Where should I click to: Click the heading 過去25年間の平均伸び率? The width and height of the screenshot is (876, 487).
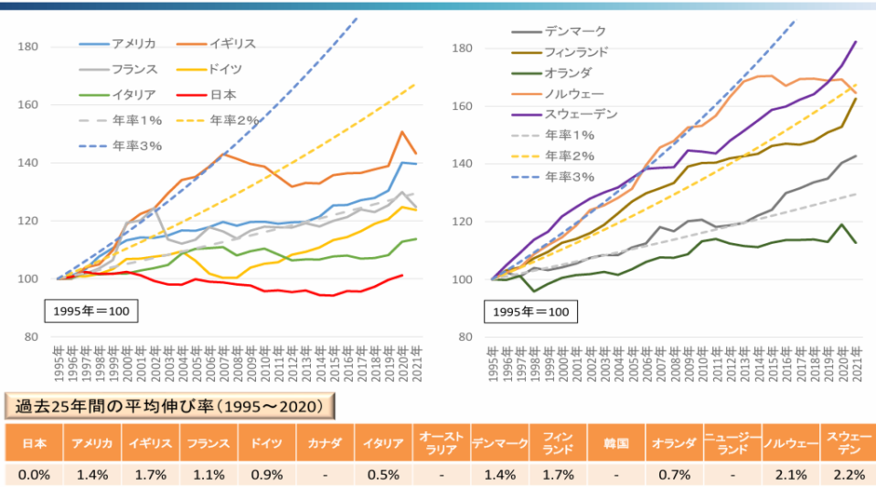[x=168, y=407]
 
